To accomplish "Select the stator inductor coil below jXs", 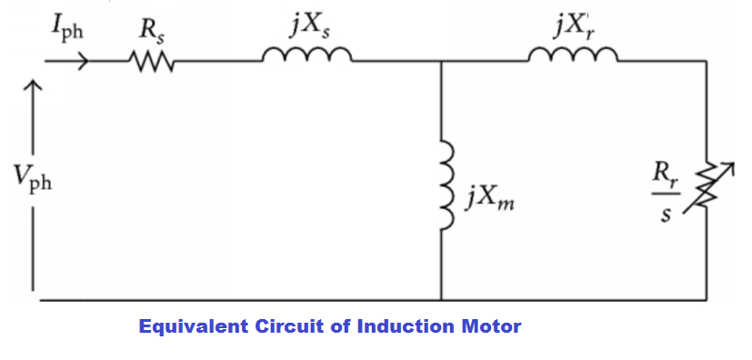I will (x=306, y=58).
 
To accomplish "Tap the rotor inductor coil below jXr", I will (x=573, y=58).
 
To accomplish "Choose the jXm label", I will (x=489, y=195).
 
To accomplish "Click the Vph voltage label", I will (x=33, y=179).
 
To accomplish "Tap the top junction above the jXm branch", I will (x=441, y=62).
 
